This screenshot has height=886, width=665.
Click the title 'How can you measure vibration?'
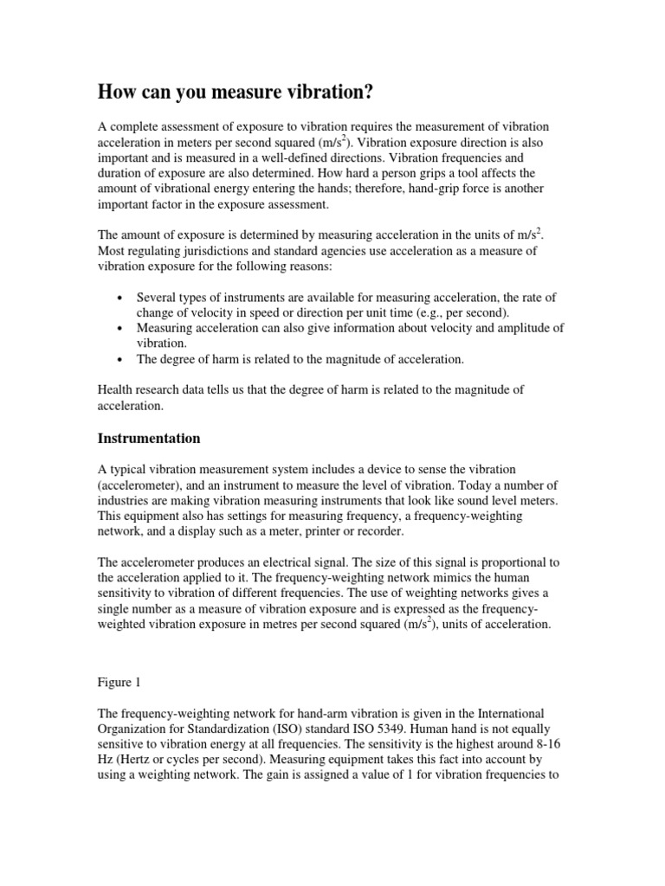click(236, 92)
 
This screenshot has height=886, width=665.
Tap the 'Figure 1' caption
click(118, 682)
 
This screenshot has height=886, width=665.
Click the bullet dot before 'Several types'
click(118, 297)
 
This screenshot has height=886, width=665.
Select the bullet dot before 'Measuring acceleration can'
click(118, 328)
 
